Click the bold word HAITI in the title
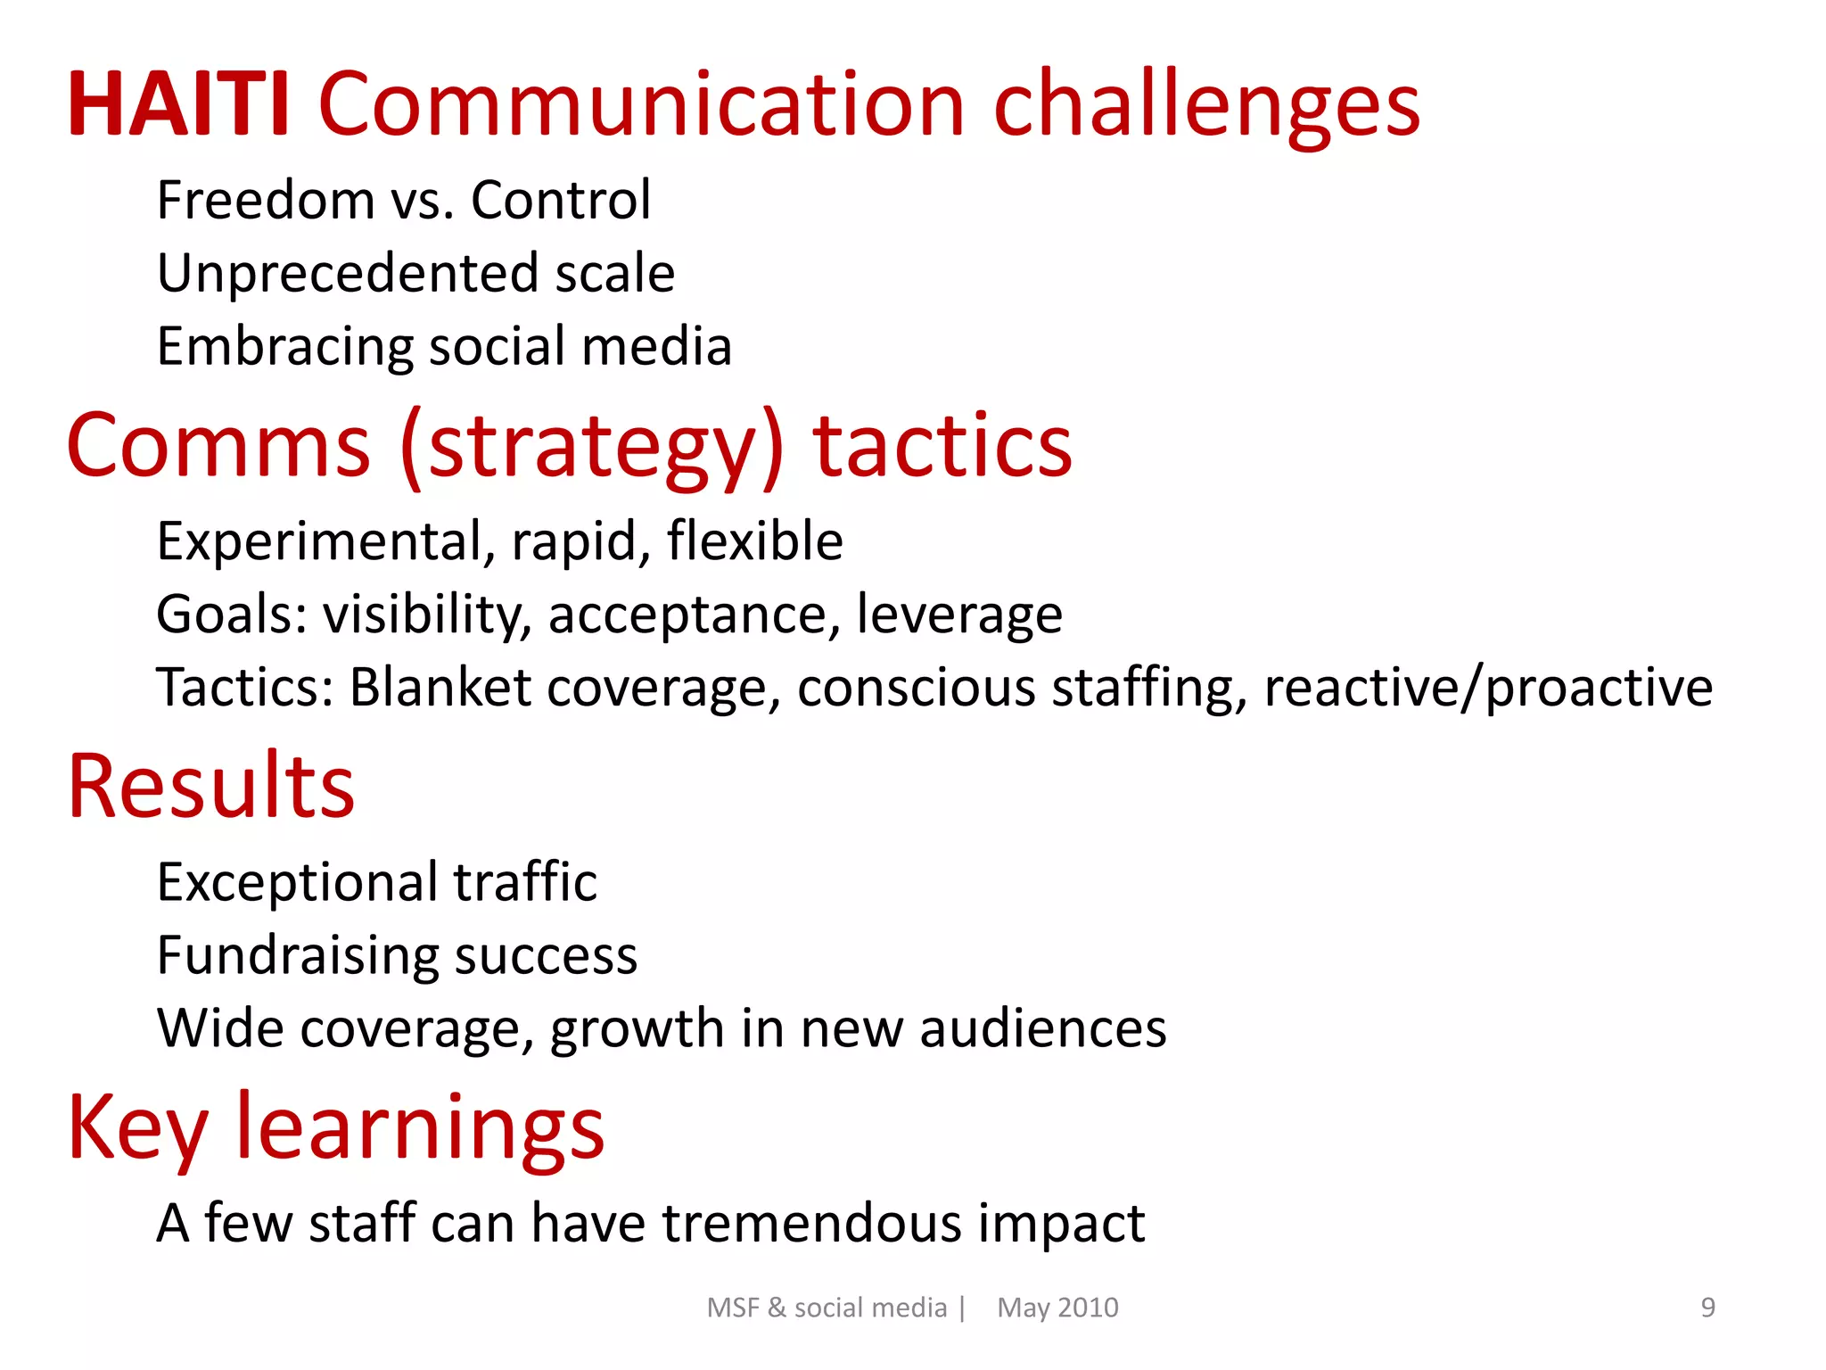point(178,105)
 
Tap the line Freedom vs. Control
point(403,200)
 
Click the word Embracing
point(284,347)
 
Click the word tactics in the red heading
point(942,446)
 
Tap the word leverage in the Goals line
point(959,615)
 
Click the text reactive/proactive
point(1488,688)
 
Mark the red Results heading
point(211,787)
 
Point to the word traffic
point(525,882)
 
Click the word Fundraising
point(297,956)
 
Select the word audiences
point(1042,1028)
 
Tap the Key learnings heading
point(336,1128)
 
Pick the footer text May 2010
point(1057,1308)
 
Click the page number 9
point(1707,1308)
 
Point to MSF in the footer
point(733,1308)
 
